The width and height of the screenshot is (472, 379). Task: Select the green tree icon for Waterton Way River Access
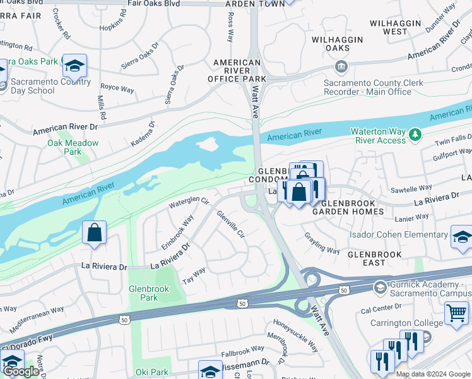(x=415, y=134)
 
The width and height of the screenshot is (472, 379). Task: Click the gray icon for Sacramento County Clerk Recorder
(x=341, y=66)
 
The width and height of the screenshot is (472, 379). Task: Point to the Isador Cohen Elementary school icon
(x=461, y=236)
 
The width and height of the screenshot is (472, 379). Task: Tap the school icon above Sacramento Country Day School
(x=74, y=65)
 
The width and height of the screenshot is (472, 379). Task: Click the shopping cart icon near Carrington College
(x=456, y=312)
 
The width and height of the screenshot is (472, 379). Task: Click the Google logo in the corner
(x=21, y=371)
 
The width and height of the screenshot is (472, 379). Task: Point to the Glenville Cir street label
(x=230, y=224)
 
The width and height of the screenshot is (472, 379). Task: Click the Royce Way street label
(x=118, y=88)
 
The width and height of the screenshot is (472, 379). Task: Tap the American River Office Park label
(x=237, y=71)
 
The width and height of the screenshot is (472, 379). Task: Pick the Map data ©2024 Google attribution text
(x=433, y=374)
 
